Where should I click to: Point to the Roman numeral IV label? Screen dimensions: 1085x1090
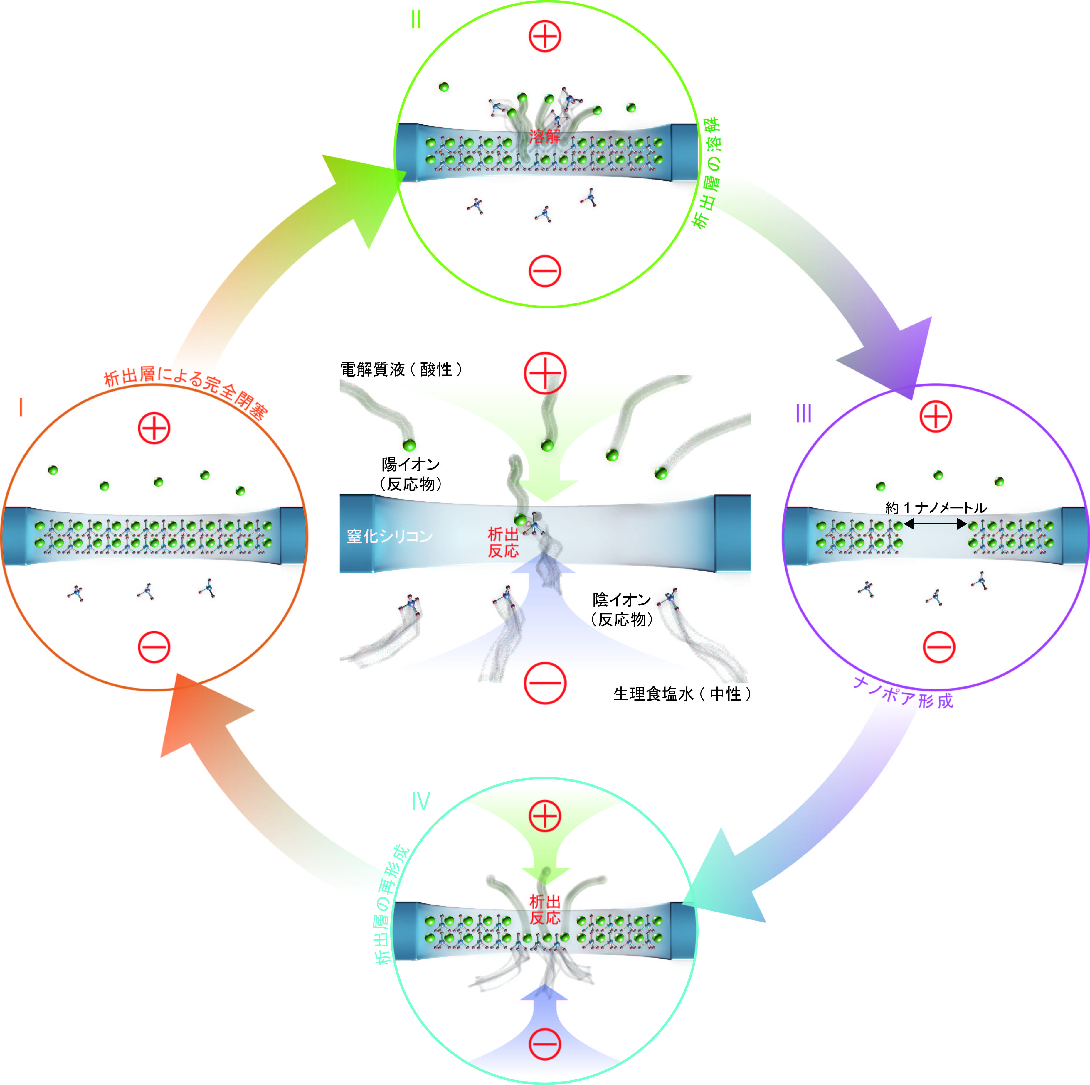click(421, 801)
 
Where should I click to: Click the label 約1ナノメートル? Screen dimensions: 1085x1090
click(936, 507)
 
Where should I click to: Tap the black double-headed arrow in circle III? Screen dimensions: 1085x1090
click(936, 524)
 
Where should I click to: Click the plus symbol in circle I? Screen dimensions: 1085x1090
click(154, 428)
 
